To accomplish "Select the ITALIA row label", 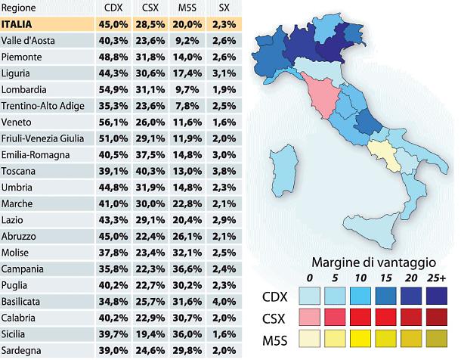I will pyautogui.click(x=18, y=23).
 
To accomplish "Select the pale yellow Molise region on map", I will pyautogui.click(x=386, y=154).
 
